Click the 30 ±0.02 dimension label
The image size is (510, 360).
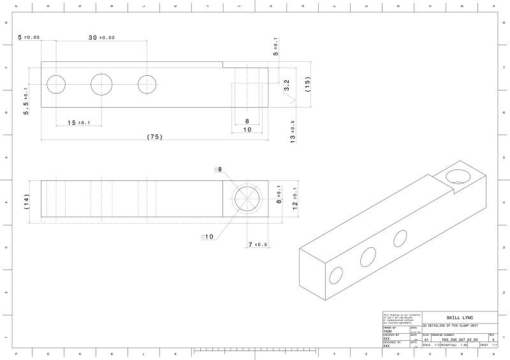click(101, 38)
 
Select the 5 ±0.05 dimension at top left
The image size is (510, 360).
click(29, 38)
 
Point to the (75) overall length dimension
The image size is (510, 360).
click(154, 136)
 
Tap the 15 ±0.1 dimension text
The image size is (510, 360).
click(80, 122)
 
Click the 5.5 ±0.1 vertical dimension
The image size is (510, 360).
click(26, 101)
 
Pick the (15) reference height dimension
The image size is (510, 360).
click(307, 84)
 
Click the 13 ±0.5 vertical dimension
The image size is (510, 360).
click(293, 131)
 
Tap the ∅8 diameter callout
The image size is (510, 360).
click(219, 169)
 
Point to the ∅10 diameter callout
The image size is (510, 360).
click(207, 237)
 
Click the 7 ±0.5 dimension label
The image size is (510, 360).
click(257, 245)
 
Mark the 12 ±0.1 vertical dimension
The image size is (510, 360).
click(295, 198)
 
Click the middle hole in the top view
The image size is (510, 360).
click(102, 83)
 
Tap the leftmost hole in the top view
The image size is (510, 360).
click(56, 83)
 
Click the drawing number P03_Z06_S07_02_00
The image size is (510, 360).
click(459, 340)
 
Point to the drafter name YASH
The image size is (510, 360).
click(387, 331)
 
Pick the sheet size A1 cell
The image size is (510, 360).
click(426, 340)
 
